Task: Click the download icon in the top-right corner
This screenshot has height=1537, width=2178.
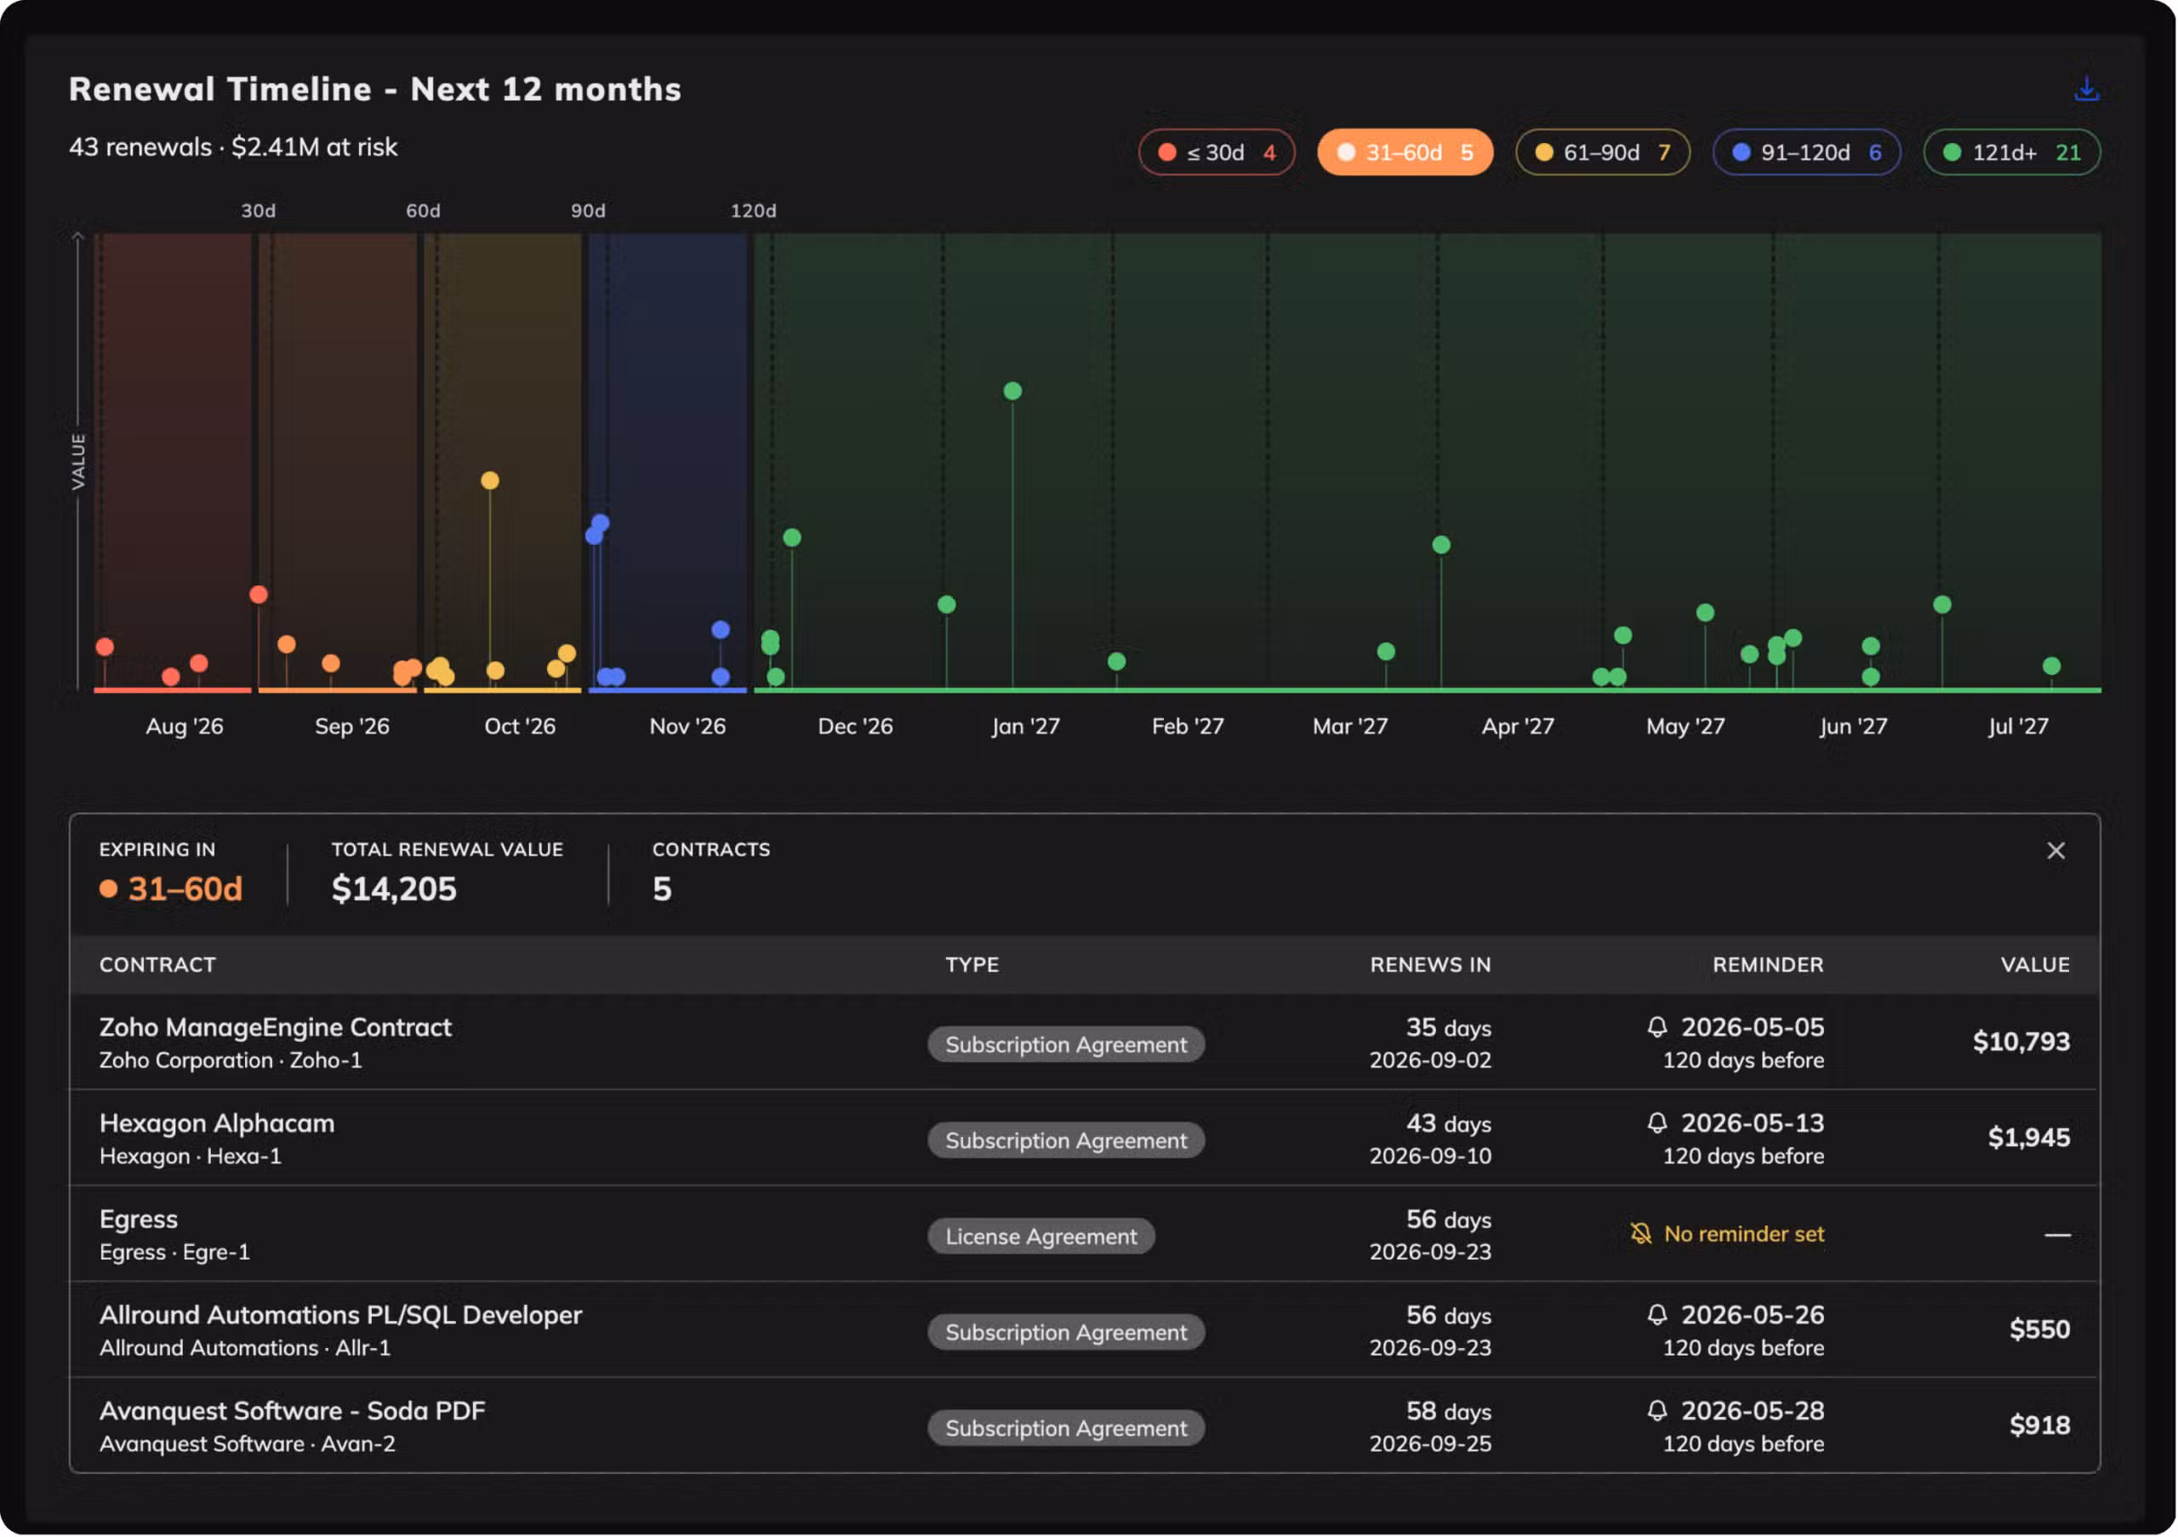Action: point(2086,89)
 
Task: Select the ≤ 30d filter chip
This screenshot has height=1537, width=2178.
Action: point(1217,152)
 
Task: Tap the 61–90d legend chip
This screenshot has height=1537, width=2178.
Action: point(1602,152)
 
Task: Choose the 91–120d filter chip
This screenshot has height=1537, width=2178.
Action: point(1806,152)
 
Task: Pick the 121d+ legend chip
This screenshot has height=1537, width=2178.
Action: point(2012,152)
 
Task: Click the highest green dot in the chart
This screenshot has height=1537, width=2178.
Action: point(1012,391)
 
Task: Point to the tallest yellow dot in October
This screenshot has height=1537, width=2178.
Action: point(489,481)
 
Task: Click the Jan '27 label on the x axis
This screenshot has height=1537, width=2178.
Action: point(1025,727)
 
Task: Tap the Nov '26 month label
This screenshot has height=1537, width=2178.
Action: point(687,727)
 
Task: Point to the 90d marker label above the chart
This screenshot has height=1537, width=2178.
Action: point(588,210)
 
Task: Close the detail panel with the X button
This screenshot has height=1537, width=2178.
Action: point(2055,851)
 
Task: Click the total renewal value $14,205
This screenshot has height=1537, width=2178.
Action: point(394,889)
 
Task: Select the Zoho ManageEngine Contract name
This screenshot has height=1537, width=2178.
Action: point(275,1027)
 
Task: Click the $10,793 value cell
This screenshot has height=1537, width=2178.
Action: point(2021,1042)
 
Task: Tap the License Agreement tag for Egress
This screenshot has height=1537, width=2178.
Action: point(1041,1237)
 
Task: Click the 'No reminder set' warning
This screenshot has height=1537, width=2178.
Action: point(1727,1234)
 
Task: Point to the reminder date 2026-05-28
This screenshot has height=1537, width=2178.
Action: point(1753,1412)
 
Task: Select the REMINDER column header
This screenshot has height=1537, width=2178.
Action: point(1768,965)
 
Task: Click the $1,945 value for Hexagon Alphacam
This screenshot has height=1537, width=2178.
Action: point(2029,1138)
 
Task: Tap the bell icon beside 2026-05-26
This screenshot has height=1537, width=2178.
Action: point(1657,1315)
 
